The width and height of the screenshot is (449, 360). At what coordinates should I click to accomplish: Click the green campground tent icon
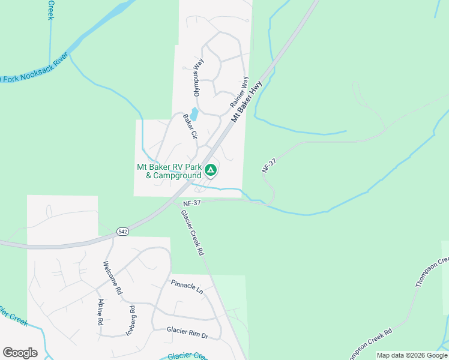point(211,170)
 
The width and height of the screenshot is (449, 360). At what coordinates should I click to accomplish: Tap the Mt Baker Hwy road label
point(247,103)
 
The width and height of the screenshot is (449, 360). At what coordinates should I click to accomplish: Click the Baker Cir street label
point(190,127)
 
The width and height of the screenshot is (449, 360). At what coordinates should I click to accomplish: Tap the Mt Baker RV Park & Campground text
point(169,171)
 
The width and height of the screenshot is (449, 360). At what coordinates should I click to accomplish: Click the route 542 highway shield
point(122,230)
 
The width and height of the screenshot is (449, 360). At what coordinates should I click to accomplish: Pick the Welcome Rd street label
point(112,277)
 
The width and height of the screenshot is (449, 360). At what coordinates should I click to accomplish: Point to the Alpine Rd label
point(100,311)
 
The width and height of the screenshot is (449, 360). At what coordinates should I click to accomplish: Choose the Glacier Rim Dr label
point(187,330)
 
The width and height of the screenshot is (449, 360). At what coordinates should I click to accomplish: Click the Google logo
point(20,353)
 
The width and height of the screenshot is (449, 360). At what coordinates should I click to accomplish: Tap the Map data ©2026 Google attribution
point(411,355)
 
